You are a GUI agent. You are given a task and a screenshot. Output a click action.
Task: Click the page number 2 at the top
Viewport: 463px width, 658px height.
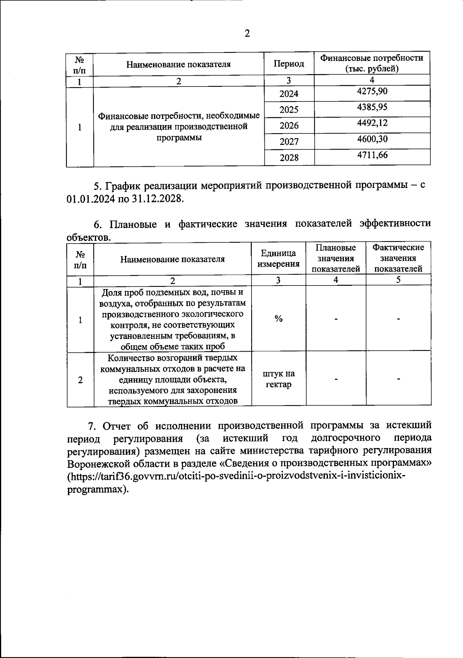[x=247, y=34]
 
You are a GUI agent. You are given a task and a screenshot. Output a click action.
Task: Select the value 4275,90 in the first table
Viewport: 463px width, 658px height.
[x=372, y=91]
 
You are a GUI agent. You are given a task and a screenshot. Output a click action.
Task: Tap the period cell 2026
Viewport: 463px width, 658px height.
[x=289, y=125]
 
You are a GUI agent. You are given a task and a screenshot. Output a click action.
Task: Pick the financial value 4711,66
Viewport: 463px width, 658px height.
[x=372, y=155]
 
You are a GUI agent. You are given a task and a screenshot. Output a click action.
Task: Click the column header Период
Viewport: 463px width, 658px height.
[x=289, y=64]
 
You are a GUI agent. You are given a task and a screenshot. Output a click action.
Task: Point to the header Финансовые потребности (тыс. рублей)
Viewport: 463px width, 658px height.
[x=372, y=63]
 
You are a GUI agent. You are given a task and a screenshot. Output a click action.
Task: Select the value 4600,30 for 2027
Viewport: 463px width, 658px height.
[x=372, y=139]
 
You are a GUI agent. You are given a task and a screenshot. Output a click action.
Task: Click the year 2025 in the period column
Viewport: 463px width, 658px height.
[x=289, y=110]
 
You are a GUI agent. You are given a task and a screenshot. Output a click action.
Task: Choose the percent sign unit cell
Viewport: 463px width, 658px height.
[x=279, y=319]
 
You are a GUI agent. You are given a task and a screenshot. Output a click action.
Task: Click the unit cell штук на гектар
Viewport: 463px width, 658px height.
[x=279, y=379]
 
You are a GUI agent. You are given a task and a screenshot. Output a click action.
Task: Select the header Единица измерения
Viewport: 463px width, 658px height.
[x=279, y=258]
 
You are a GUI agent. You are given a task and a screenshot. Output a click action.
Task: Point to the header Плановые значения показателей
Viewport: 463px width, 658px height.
[x=336, y=258]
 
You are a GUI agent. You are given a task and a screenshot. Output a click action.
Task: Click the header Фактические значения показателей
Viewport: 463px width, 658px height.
[x=398, y=258]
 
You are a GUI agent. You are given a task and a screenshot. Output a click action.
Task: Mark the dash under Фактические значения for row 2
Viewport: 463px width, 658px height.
[x=398, y=379]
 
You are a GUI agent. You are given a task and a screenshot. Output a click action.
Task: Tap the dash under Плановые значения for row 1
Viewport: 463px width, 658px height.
[x=336, y=319]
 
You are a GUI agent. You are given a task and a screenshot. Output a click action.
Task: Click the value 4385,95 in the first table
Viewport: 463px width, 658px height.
[x=372, y=107]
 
